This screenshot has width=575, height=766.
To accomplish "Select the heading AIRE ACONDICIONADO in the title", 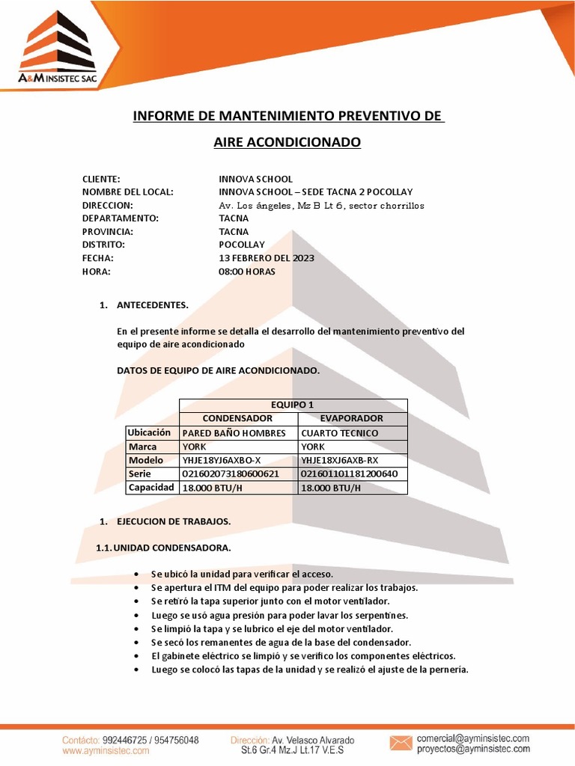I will click(287, 142).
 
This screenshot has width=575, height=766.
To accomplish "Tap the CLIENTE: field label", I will click(101, 179).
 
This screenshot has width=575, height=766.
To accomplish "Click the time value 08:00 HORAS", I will click(247, 272).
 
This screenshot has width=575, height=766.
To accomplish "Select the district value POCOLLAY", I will click(242, 245).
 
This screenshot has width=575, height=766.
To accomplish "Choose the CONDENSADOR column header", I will click(237, 418).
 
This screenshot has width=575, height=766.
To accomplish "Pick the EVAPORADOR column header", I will click(352, 418).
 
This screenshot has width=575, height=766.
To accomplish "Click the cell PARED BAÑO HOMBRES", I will click(234, 433).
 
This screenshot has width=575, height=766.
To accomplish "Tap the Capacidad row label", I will click(150, 488).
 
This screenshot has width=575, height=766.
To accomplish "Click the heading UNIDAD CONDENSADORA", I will click(172, 548).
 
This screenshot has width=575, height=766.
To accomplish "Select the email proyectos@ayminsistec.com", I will click(473, 748).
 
